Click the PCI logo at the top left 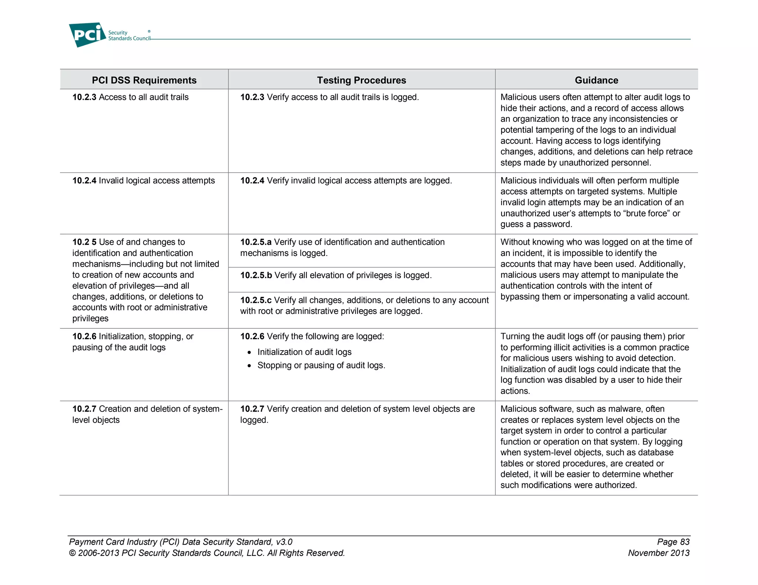point(87,35)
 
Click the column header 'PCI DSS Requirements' point(144,80)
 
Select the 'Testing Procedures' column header point(361,80)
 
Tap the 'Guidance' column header point(596,80)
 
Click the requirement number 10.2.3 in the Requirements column point(84,97)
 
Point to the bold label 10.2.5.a point(256,242)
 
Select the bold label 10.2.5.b point(256,275)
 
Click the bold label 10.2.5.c point(256,300)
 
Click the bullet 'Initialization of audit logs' point(304,352)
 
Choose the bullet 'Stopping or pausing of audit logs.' point(321,365)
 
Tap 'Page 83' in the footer point(673,542)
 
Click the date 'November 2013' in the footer point(658,553)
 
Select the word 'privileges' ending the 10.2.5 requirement point(90,318)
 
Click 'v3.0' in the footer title point(284,542)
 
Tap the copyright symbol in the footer point(73,553)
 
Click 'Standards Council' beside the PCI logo point(129,38)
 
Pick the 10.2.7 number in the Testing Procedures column point(252,409)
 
